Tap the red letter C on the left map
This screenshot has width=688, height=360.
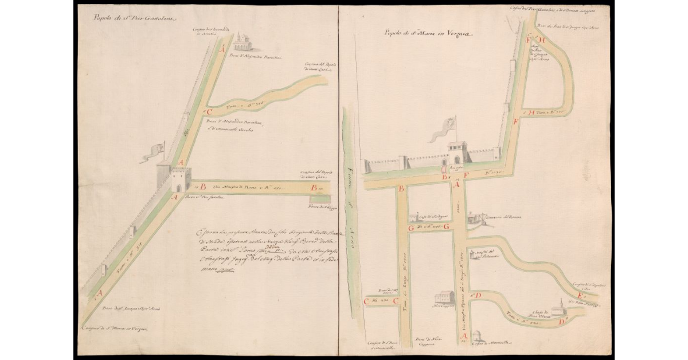(x=210, y=112)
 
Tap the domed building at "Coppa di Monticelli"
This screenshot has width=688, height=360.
(x=478, y=335)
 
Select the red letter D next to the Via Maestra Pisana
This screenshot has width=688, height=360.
(x=478, y=295)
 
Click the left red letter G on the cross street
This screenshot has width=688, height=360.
(x=411, y=228)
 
